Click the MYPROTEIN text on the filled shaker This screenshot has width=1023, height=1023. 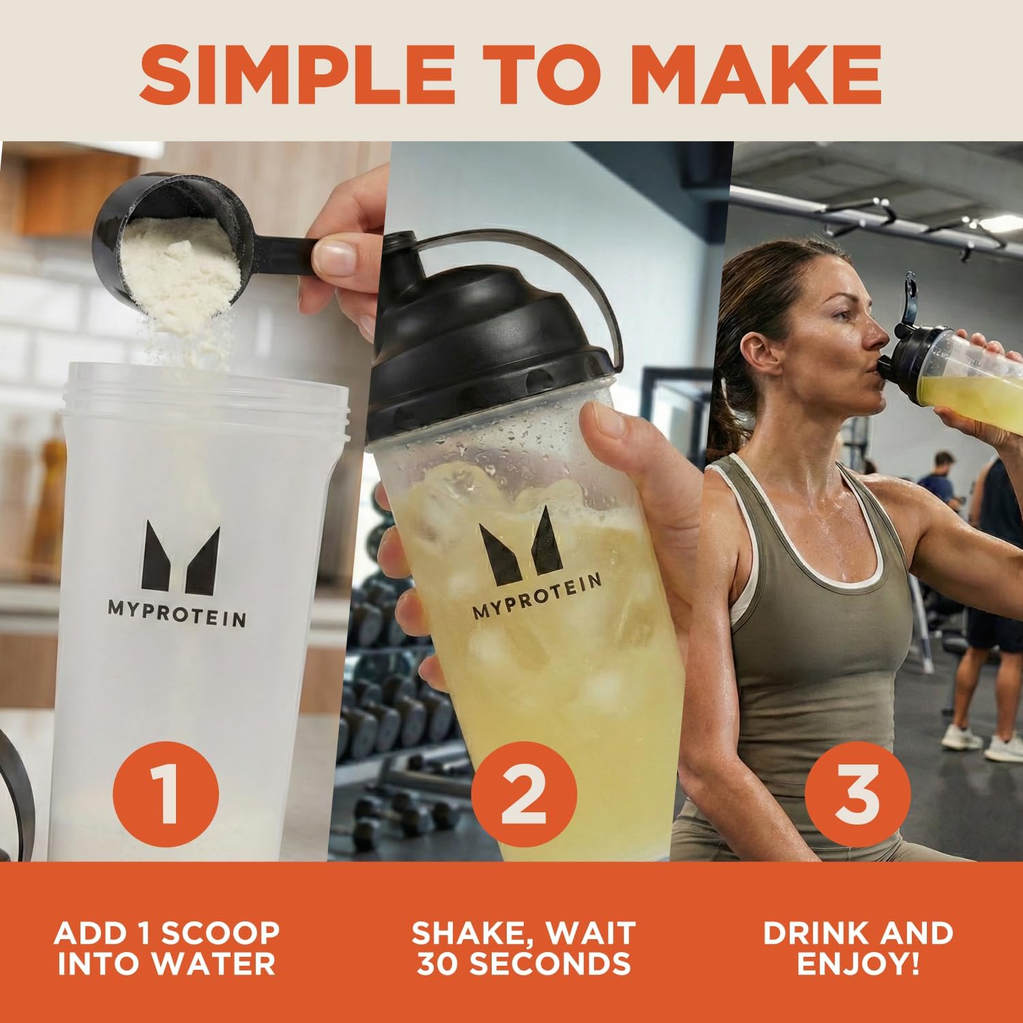537,597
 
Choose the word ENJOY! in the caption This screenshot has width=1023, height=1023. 858,963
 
